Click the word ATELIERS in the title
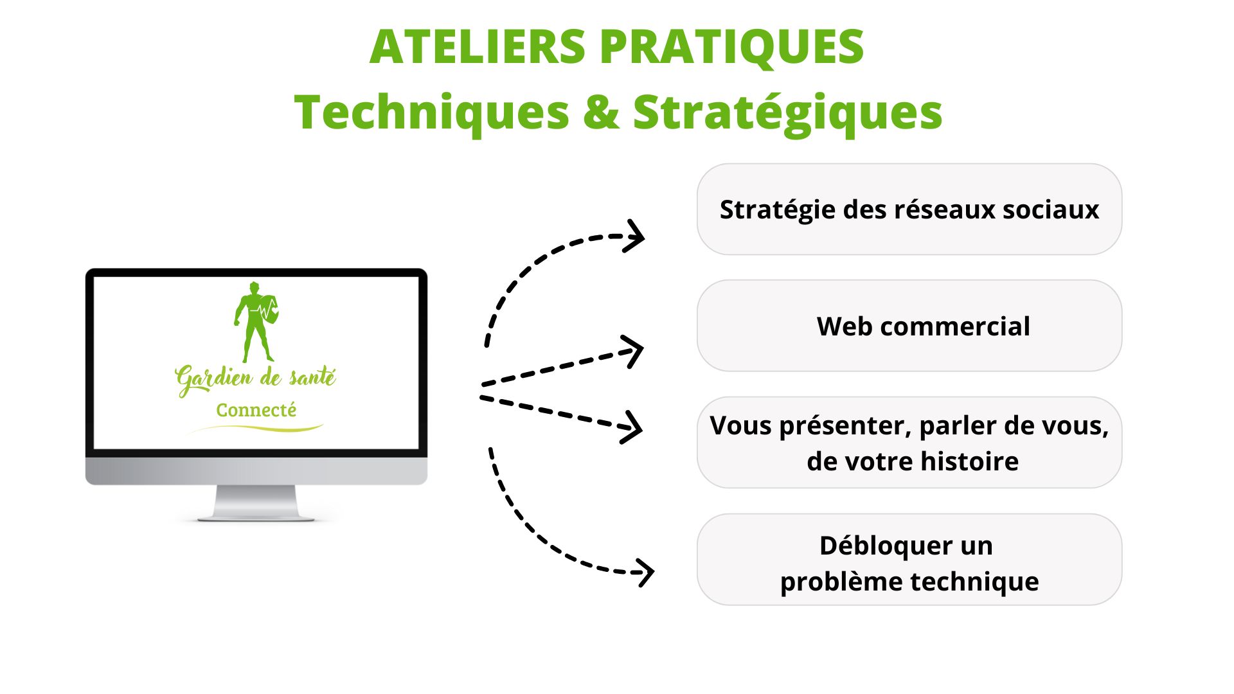pyautogui.click(x=478, y=47)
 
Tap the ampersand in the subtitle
pyautogui.click(x=601, y=112)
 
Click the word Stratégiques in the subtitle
pyautogui.click(x=787, y=113)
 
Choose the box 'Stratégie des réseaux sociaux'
pyautogui.click(x=909, y=209)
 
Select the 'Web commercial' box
pyautogui.click(x=909, y=326)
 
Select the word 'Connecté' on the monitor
pyautogui.click(x=256, y=410)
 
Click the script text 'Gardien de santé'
pyautogui.click(x=255, y=378)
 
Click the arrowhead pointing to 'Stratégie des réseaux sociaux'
pyautogui.click(x=634, y=236)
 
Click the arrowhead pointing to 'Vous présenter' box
pyautogui.click(x=632, y=427)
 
